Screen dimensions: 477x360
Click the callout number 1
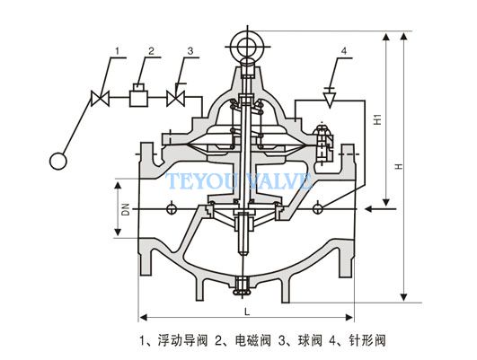(x=118, y=50)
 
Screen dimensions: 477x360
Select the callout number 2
(x=152, y=50)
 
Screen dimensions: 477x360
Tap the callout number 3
(x=190, y=50)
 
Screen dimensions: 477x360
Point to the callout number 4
(x=344, y=51)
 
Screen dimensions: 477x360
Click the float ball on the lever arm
(x=58, y=162)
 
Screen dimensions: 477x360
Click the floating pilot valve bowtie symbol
(x=100, y=98)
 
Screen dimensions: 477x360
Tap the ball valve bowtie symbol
(x=175, y=98)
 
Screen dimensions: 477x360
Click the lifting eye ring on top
(x=247, y=47)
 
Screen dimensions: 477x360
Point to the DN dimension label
(x=126, y=209)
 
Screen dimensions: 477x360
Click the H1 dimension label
(x=377, y=119)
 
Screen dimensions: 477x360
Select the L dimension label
(x=247, y=312)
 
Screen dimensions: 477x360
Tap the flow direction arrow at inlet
(x=380, y=209)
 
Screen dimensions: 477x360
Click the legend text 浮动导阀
(x=183, y=340)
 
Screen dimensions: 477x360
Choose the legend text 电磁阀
(x=253, y=340)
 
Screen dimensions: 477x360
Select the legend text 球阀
(x=310, y=340)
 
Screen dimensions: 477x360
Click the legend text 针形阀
(x=367, y=340)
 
